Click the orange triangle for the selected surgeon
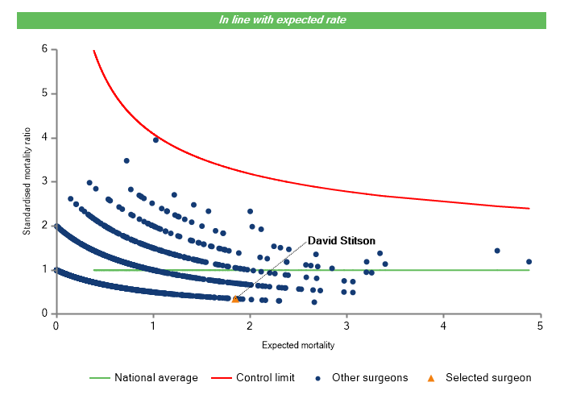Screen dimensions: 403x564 pyautogui.click(x=235, y=299)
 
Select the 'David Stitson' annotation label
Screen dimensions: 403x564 pyautogui.click(x=342, y=240)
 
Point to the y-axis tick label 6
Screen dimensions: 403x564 pyautogui.click(x=44, y=49)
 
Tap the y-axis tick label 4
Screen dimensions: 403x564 pyautogui.click(x=44, y=138)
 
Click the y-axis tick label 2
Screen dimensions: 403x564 pyautogui.click(x=44, y=226)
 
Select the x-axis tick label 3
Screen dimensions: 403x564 pyautogui.click(x=346, y=326)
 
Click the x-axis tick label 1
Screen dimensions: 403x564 pyautogui.click(x=152, y=326)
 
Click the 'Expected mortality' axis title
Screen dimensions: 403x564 pyautogui.click(x=298, y=345)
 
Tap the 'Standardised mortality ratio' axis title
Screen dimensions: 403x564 pyautogui.click(x=27, y=181)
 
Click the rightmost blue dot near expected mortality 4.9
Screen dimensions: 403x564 pyautogui.click(x=529, y=261)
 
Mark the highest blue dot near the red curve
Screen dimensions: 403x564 pyautogui.click(x=156, y=139)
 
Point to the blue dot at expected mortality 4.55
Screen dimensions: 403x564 pyautogui.click(x=497, y=251)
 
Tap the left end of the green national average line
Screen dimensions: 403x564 pyautogui.click(x=94, y=270)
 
